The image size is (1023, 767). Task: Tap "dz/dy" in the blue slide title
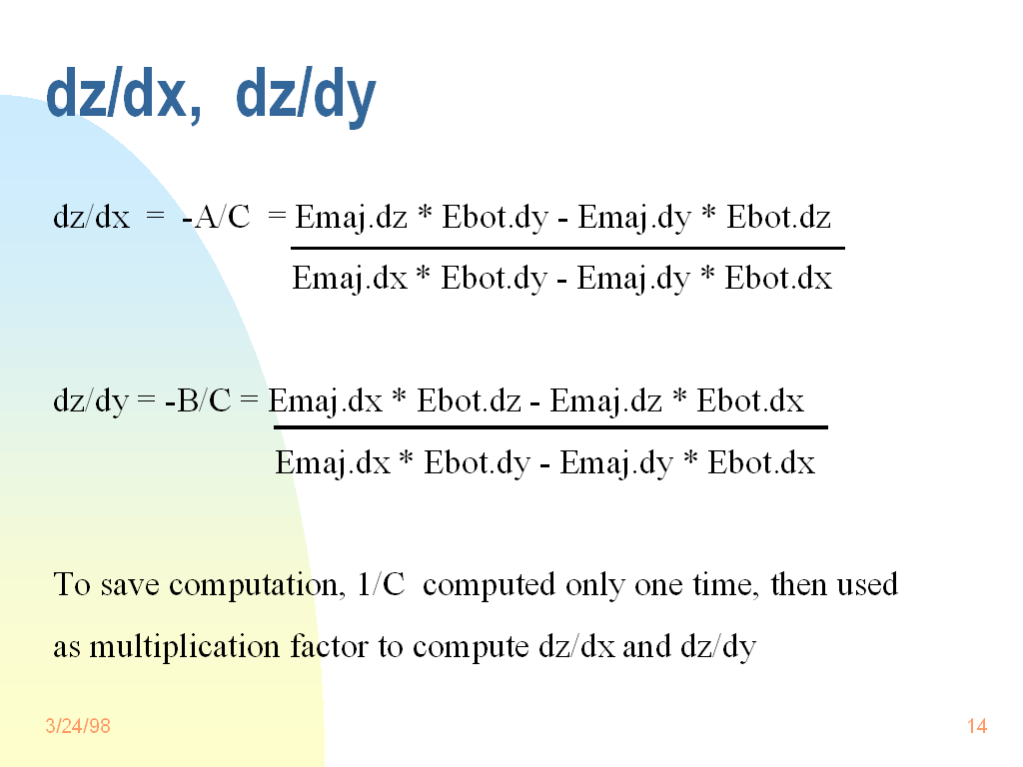tap(306, 97)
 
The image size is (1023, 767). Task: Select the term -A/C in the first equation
tap(216, 217)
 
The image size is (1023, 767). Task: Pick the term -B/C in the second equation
tap(199, 400)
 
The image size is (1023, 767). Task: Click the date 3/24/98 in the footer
tap(78, 726)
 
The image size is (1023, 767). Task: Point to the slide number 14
tap(977, 726)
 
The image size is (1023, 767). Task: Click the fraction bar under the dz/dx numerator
tap(567, 248)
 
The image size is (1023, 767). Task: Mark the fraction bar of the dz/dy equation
tap(550, 427)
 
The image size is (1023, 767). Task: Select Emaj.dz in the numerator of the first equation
tap(351, 218)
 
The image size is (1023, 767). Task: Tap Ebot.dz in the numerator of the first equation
tap(778, 217)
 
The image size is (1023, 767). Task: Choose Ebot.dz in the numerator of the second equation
tap(470, 400)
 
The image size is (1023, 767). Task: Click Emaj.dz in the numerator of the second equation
tap(606, 401)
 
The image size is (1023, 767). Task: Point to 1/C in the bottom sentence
tap(381, 584)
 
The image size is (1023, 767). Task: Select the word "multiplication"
tap(185, 647)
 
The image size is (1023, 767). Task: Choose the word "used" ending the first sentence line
tap(867, 584)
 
